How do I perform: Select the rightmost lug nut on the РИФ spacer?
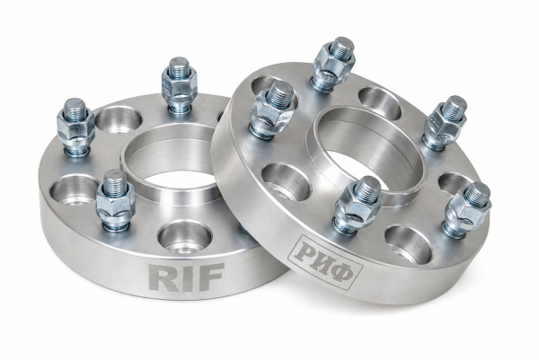(x=467, y=209)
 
